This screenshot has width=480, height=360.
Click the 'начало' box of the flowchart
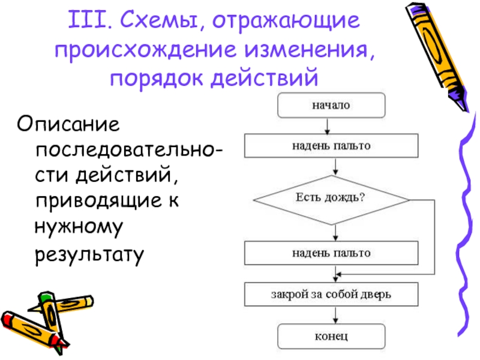click(x=330, y=105)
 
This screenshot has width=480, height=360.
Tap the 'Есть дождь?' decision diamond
click(x=331, y=199)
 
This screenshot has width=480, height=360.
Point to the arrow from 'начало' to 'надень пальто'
click(x=326, y=125)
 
